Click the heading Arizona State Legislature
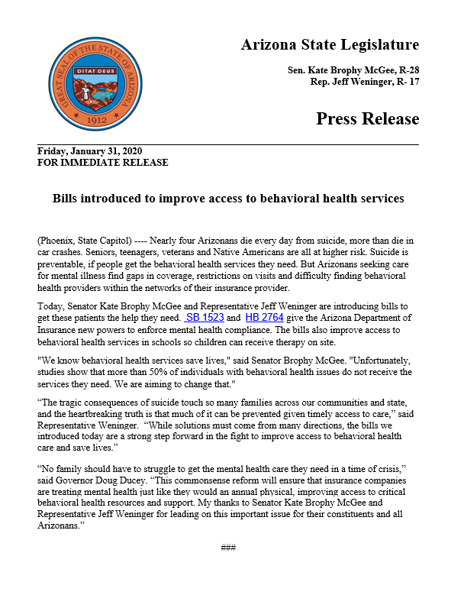pos(330,44)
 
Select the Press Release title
pos(367,119)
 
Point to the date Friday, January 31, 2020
pos(89,151)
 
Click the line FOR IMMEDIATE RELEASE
pos(102,162)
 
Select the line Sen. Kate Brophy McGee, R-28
pos(353,70)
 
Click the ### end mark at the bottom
pos(228,548)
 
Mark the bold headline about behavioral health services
pos(227,199)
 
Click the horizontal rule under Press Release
pos(228,144)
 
